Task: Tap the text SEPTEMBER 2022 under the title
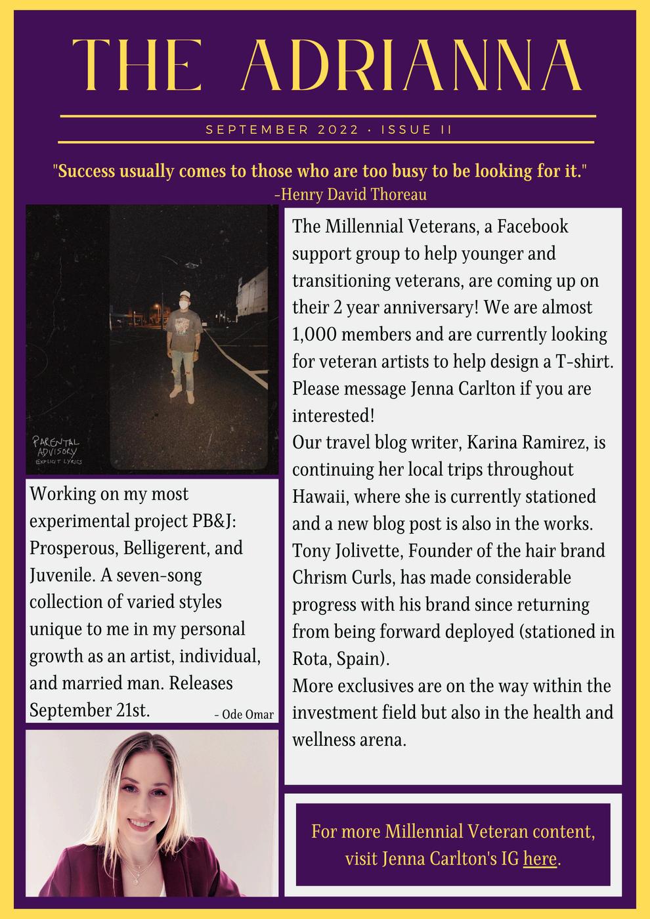(282, 130)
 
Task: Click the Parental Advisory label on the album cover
(58, 450)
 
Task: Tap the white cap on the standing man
(185, 295)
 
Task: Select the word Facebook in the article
(532, 226)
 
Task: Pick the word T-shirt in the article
(582, 362)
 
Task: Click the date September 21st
(90, 710)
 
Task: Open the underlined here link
(540, 858)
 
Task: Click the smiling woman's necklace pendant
(137, 873)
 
